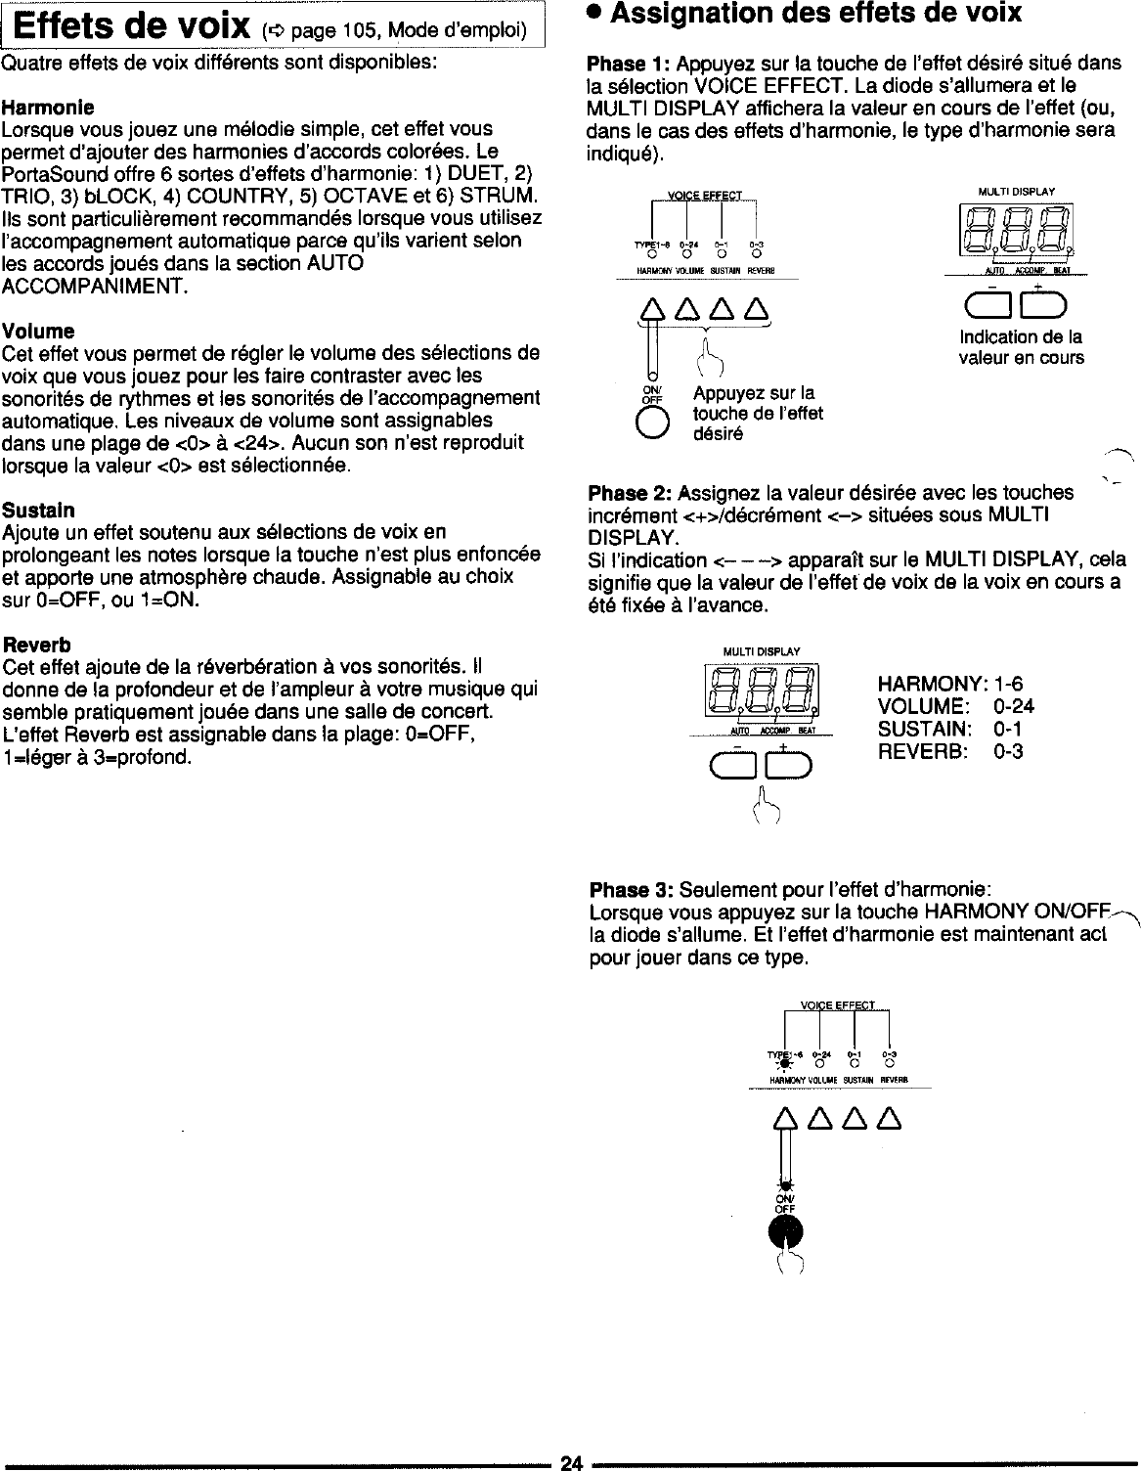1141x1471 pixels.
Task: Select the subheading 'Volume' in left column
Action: coord(38,331)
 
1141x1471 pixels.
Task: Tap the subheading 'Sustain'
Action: coord(39,511)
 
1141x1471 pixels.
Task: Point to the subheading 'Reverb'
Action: coord(37,646)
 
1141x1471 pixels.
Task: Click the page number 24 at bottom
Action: coord(570,1462)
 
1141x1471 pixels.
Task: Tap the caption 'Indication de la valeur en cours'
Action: coord(1021,347)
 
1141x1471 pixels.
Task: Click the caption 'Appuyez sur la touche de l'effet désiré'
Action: coord(757,413)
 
